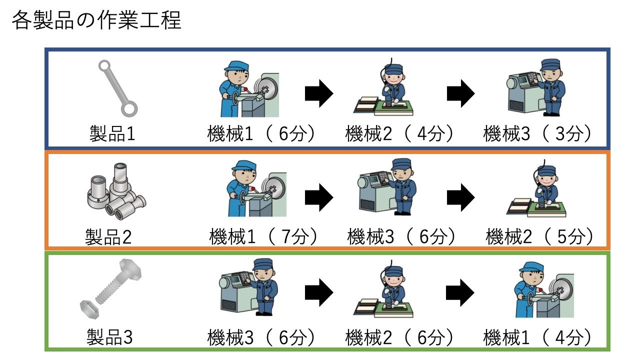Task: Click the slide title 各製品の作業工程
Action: pyautogui.click(x=96, y=21)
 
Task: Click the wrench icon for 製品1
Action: pyautogui.click(x=117, y=87)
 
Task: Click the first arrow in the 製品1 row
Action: pyautogui.click(x=319, y=93)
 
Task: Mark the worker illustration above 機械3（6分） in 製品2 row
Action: pyautogui.click(x=388, y=187)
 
